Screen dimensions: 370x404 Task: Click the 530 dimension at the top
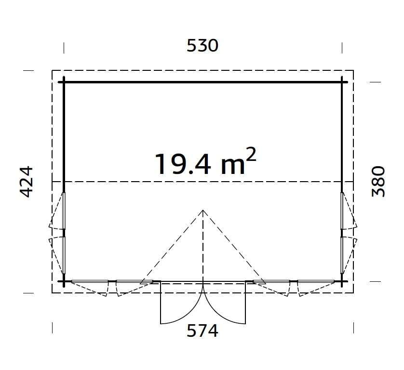tap(202, 46)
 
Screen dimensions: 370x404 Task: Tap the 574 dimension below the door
tap(202, 331)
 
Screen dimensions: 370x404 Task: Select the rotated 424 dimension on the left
tap(27, 182)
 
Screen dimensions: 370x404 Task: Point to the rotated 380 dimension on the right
tap(378, 182)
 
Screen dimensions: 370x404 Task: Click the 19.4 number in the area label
tap(183, 164)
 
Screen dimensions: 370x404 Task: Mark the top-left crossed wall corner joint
tap(64, 82)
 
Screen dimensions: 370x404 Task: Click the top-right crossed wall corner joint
tap(342, 82)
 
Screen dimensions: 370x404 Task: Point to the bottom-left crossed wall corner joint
tap(64, 281)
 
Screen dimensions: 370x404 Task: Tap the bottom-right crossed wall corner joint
tap(342, 281)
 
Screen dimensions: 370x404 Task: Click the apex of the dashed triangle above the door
tap(203, 210)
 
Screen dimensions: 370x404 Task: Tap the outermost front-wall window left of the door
tap(90, 281)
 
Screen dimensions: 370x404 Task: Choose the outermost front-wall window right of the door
tap(316, 281)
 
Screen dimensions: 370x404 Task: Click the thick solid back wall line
tap(202, 82)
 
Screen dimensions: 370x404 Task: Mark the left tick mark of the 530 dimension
tap(64, 47)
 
